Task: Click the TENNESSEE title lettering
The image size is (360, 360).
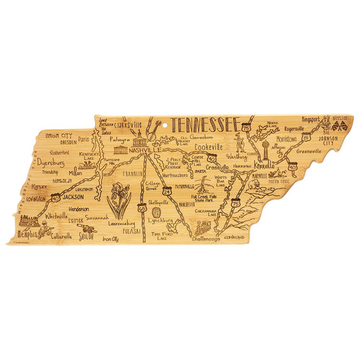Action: pyautogui.click(x=203, y=124)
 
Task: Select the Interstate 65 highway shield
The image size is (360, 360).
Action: pyautogui.click(x=142, y=209)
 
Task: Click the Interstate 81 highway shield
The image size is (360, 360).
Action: pyautogui.click(x=306, y=138)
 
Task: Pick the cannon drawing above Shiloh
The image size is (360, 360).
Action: pyautogui.click(x=86, y=230)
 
